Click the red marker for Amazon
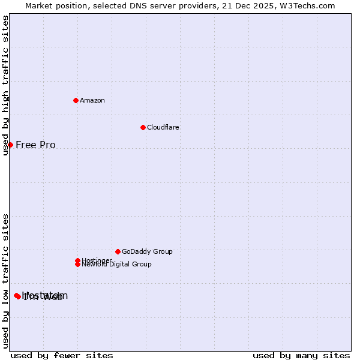[76, 100]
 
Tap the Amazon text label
[92, 100]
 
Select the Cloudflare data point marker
[143, 127]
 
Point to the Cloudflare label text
[163, 127]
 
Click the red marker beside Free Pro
[10, 145]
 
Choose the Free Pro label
[35, 145]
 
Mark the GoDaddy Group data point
[118, 251]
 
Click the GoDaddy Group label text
[147, 251]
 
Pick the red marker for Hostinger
[77, 260]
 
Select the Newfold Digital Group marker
[77, 264]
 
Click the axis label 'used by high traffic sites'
[5, 85]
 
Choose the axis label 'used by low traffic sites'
[5, 281]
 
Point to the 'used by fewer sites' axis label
[62, 355]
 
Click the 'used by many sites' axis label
[301, 355]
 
